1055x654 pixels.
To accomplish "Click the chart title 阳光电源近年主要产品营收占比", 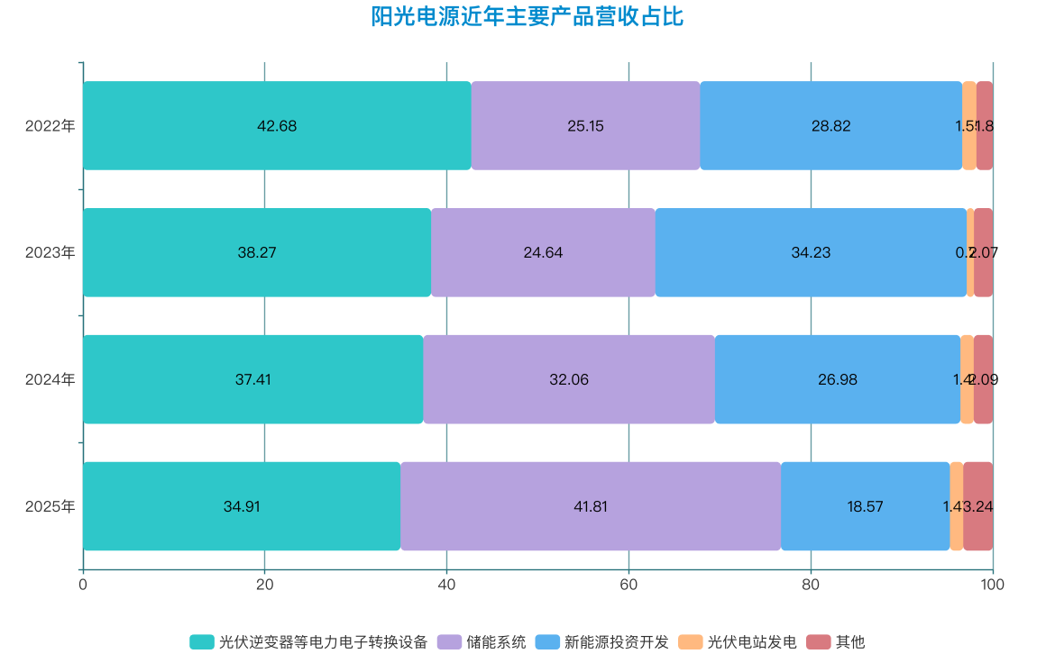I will [x=527, y=17].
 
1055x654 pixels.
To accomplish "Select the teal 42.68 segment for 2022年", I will [x=277, y=126].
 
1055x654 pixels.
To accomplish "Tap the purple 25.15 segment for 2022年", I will [x=585, y=126].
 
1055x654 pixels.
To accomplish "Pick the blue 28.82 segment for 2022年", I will [x=830, y=126].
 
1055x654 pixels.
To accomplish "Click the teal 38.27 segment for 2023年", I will [x=257, y=253].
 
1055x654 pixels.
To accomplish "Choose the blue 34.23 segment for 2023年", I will [x=811, y=253].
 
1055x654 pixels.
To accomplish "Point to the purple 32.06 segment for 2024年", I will [x=569, y=380].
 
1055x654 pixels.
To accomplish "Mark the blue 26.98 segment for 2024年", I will [x=838, y=380].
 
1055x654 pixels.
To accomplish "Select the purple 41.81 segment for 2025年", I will [x=591, y=507].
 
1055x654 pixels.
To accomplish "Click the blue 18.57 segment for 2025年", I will [x=865, y=507].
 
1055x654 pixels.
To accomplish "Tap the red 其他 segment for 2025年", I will [x=978, y=507].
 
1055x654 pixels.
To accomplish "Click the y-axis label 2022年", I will [x=50, y=126].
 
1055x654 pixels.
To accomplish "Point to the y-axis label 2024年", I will [x=50, y=380].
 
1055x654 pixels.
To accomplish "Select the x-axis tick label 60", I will [x=628, y=584].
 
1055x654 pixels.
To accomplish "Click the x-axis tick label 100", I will [x=992, y=584].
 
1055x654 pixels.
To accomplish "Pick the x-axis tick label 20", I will [x=264, y=584].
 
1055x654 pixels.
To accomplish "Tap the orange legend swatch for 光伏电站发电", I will [x=690, y=642].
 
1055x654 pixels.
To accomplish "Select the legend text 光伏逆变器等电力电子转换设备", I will [x=323, y=642].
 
